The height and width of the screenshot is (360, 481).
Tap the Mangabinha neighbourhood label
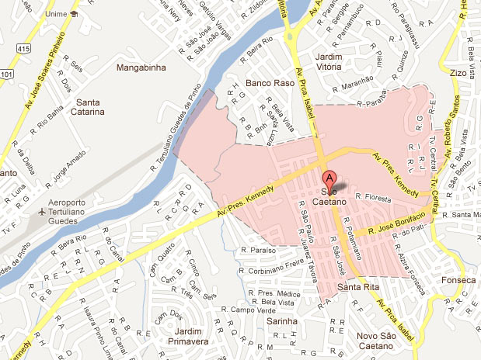tap(141, 67)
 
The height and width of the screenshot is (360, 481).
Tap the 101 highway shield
tap(6, 74)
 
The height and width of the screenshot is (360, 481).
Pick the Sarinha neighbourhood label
tap(282, 321)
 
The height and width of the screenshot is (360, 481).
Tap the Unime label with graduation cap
tap(61, 14)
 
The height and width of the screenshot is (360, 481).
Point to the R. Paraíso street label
tap(257, 251)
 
